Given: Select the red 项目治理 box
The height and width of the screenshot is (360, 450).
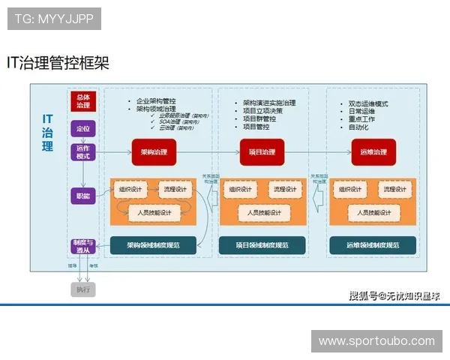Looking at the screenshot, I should [262, 151].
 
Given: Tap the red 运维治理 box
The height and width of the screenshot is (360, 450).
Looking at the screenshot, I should [373, 151].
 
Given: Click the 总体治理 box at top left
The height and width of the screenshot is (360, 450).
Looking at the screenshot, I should [83, 100].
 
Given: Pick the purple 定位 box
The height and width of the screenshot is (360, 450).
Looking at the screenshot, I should [83, 129].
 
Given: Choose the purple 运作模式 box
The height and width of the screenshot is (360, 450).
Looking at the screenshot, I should [83, 152].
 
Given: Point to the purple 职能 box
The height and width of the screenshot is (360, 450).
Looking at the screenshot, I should [83, 196].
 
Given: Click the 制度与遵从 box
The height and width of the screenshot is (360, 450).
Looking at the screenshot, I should [83, 247].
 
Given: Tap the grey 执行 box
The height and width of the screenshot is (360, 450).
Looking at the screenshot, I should [82, 289].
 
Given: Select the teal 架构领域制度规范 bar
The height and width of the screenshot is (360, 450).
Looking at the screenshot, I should [153, 244].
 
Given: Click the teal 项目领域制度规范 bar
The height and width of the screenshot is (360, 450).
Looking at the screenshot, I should [262, 244].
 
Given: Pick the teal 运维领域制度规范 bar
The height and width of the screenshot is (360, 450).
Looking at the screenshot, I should [373, 244].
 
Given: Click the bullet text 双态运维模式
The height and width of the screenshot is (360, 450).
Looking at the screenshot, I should [368, 103].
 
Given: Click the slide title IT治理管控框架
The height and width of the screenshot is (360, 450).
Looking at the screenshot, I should [58, 63].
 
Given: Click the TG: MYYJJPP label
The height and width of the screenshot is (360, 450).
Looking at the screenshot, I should [54, 19].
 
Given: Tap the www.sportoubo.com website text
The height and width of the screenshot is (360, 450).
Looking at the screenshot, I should [376, 341].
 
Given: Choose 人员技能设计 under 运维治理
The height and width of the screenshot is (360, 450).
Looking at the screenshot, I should [373, 212].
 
